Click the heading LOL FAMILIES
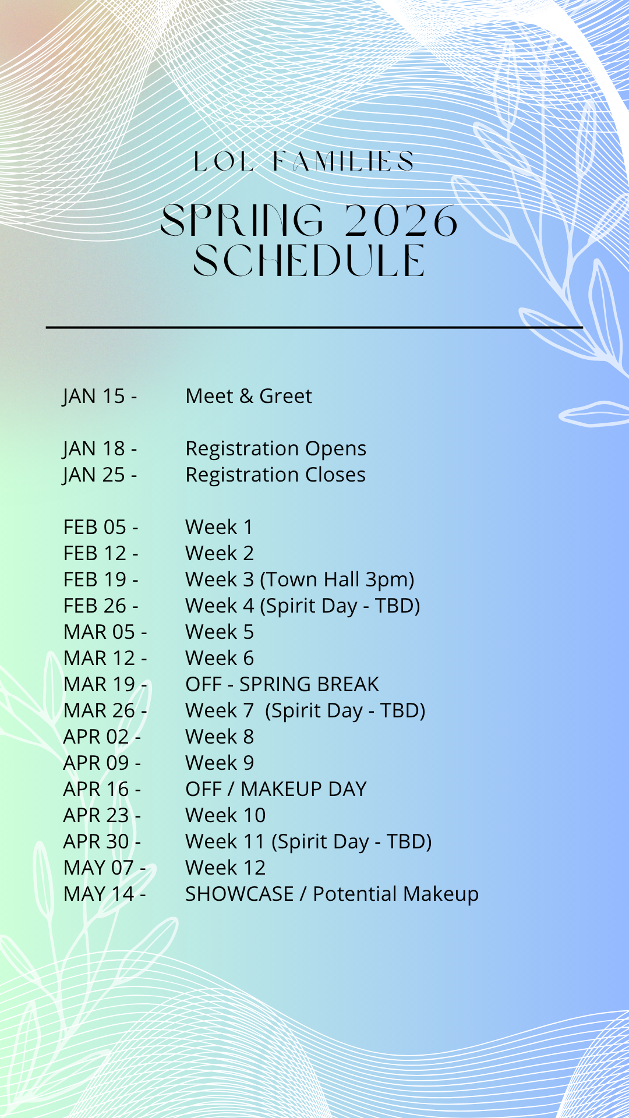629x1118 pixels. click(303, 161)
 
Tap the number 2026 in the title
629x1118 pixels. click(401, 221)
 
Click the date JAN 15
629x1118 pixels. click(94, 397)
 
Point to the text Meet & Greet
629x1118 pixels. click(249, 396)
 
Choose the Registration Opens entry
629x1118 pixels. click(276, 449)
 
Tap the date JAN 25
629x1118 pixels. click(94, 475)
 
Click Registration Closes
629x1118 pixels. click(275, 475)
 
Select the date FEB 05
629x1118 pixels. click(95, 527)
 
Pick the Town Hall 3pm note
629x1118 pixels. click(337, 580)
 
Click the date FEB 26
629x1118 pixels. click(95, 606)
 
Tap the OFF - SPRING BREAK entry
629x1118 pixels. click(282, 684)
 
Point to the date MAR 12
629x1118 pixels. click(100, 658)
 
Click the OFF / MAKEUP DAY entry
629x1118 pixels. click(276, 789)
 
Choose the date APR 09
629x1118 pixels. click(96, 763)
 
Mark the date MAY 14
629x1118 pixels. click(99, 894)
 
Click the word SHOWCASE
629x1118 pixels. click(239, 894)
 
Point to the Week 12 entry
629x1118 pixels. click(225, 868)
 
